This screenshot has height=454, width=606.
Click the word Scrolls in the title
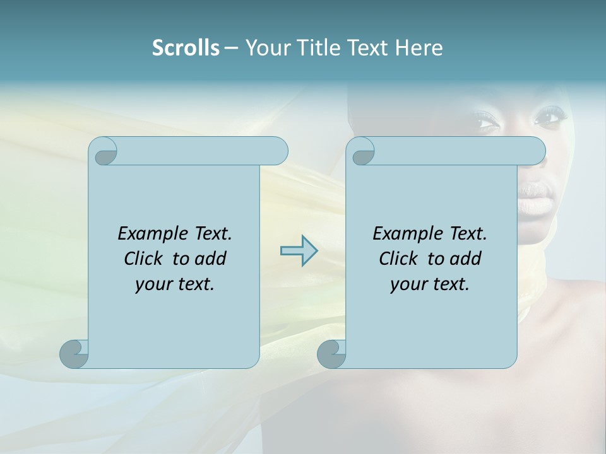tap(186, 48)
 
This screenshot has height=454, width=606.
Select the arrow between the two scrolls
tap(299, 250)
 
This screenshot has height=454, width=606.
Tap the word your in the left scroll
tap(153, 284)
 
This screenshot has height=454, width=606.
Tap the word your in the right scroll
tap(408, 284)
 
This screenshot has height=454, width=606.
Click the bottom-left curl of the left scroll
tap(73, 354)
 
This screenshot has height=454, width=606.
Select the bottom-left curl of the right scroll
tap(331, 354)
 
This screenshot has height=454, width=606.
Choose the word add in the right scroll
tap(465, 259)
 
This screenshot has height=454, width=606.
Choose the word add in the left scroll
tap(210, 259)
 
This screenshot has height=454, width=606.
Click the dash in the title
tap(231, 48)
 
